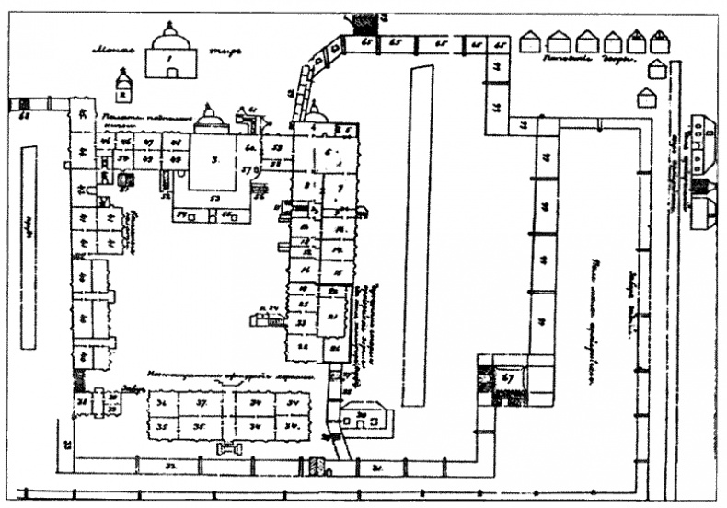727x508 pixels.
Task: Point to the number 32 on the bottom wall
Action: [x=171, y=468]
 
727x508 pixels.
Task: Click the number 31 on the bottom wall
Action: [x=377, y=468]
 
